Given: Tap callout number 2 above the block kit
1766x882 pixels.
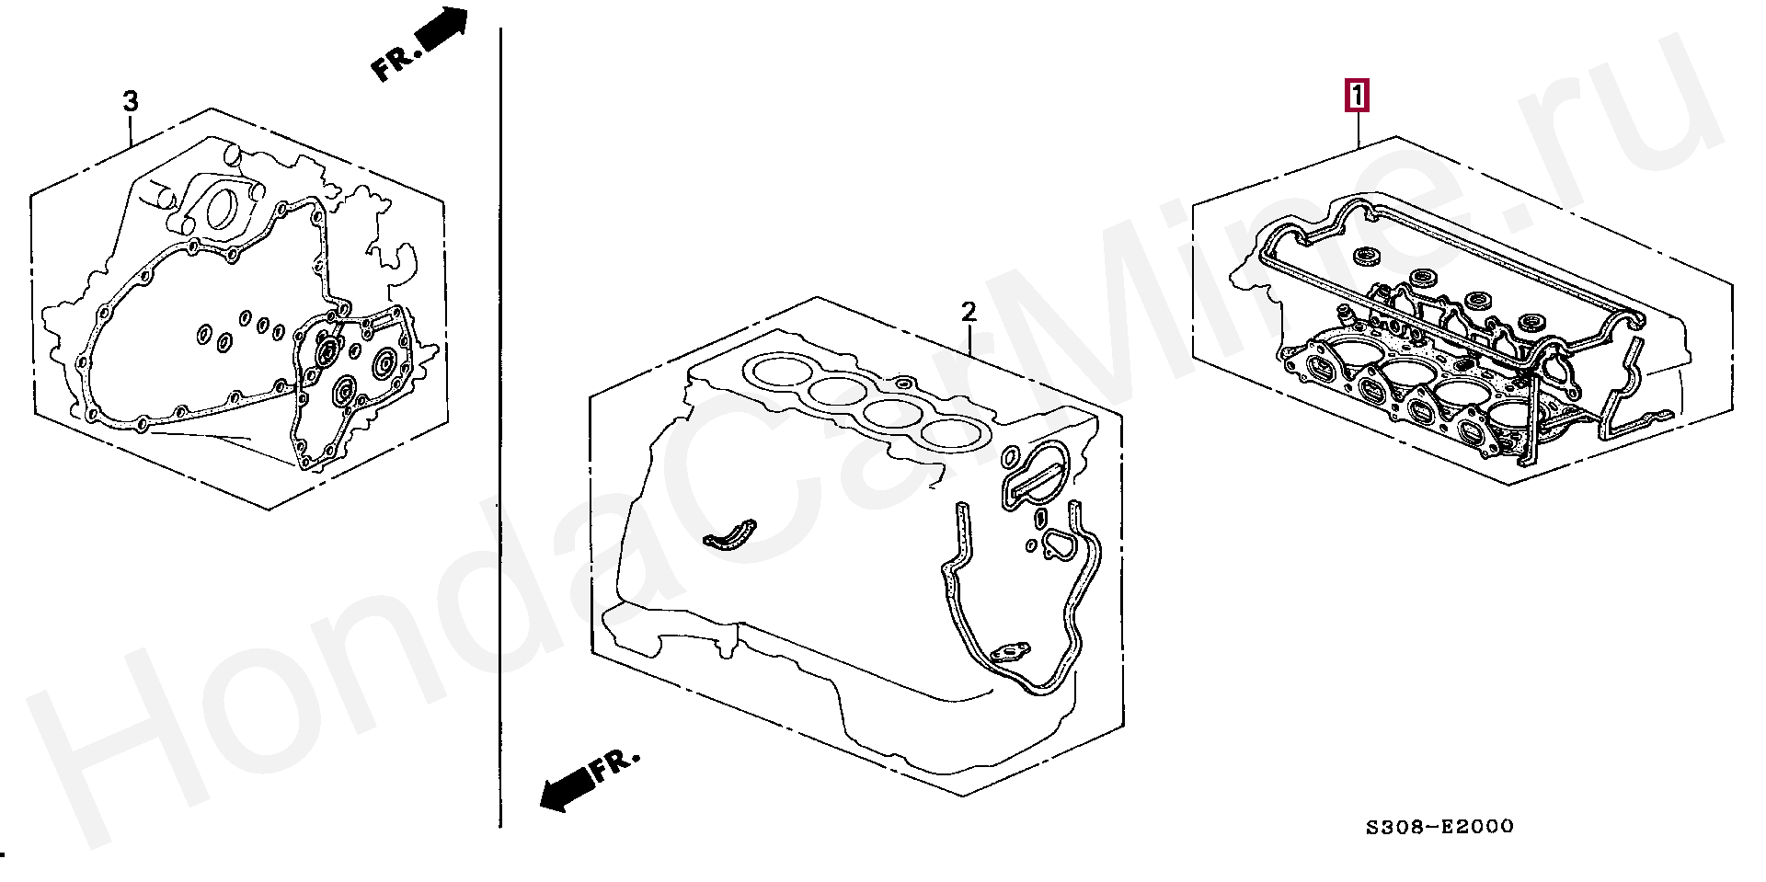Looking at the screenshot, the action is (x=968, y=313).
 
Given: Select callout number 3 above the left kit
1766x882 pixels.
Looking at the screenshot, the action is (x=131, y=100).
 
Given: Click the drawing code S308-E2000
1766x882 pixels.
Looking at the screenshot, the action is (x=1439, y=827).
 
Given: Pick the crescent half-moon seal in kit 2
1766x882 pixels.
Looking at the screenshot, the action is (x=727, y=537).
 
